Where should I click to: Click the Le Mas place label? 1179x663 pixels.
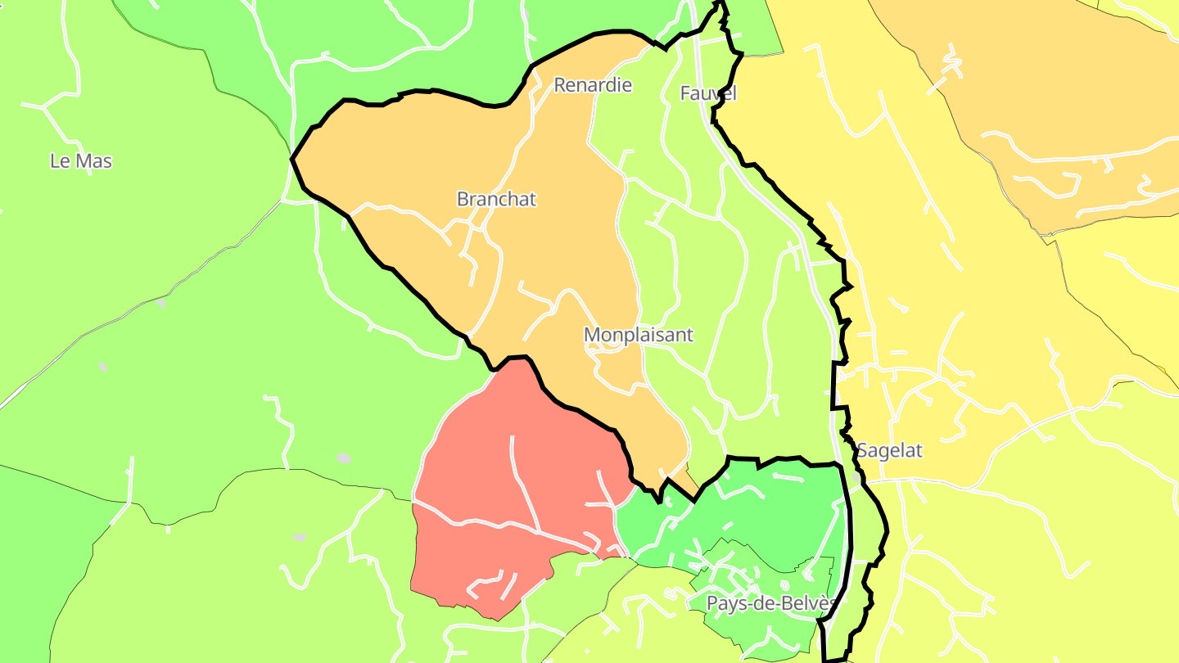(x=81, y=161)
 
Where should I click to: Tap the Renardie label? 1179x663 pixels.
(x=593, y=85)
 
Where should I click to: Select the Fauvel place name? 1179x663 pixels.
(x=708, y=94)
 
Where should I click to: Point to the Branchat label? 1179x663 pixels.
(x=496, y=200)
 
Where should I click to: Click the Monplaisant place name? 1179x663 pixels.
(x=638, y=335)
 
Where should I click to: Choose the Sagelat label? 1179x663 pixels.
(x=889, y=451)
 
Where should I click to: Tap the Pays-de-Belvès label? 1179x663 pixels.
(x=771, y=604)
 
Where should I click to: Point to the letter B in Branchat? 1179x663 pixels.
(x=463, y=200)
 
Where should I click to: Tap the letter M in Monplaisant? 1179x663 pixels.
(x=592, y=335)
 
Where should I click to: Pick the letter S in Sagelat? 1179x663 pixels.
(x=862, y=451)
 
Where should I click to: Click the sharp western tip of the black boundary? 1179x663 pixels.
(x=292, y=159)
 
